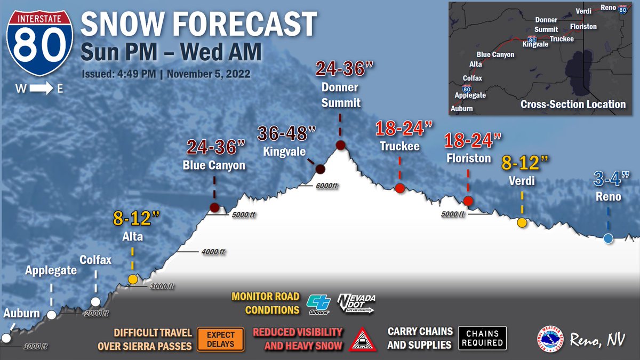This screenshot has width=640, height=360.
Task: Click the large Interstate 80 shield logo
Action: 40,44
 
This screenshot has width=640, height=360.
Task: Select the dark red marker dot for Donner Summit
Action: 340,145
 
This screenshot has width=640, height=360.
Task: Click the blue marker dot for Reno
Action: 608,238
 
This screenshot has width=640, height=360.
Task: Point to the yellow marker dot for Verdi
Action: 522,222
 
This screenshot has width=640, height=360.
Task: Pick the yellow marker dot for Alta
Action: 133,279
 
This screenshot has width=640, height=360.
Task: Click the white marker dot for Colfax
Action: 95,302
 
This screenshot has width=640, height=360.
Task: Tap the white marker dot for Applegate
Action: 52,315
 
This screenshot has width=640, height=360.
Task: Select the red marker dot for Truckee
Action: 399,188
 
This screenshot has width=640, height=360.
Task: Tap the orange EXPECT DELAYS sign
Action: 221,339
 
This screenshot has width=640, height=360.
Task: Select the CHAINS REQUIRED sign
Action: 482,338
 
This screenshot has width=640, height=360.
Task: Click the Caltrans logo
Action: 318,303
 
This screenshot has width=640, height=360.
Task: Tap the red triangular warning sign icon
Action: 362,339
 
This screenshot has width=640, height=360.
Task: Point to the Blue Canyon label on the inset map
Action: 495,54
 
